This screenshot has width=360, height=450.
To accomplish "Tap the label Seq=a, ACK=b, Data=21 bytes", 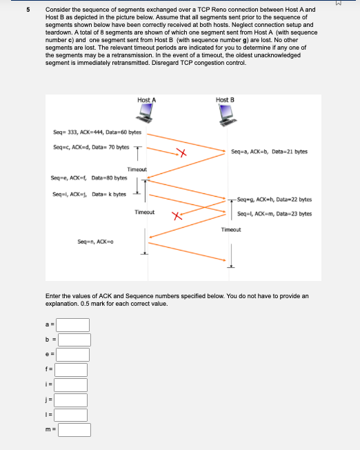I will (x=270, y=152).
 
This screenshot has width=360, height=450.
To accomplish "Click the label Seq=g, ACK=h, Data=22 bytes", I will (x=273, y=199).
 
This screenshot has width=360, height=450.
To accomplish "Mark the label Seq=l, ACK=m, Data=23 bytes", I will (x=274, y=213).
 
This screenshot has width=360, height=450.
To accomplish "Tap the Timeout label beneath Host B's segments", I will (x=230, y=228).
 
